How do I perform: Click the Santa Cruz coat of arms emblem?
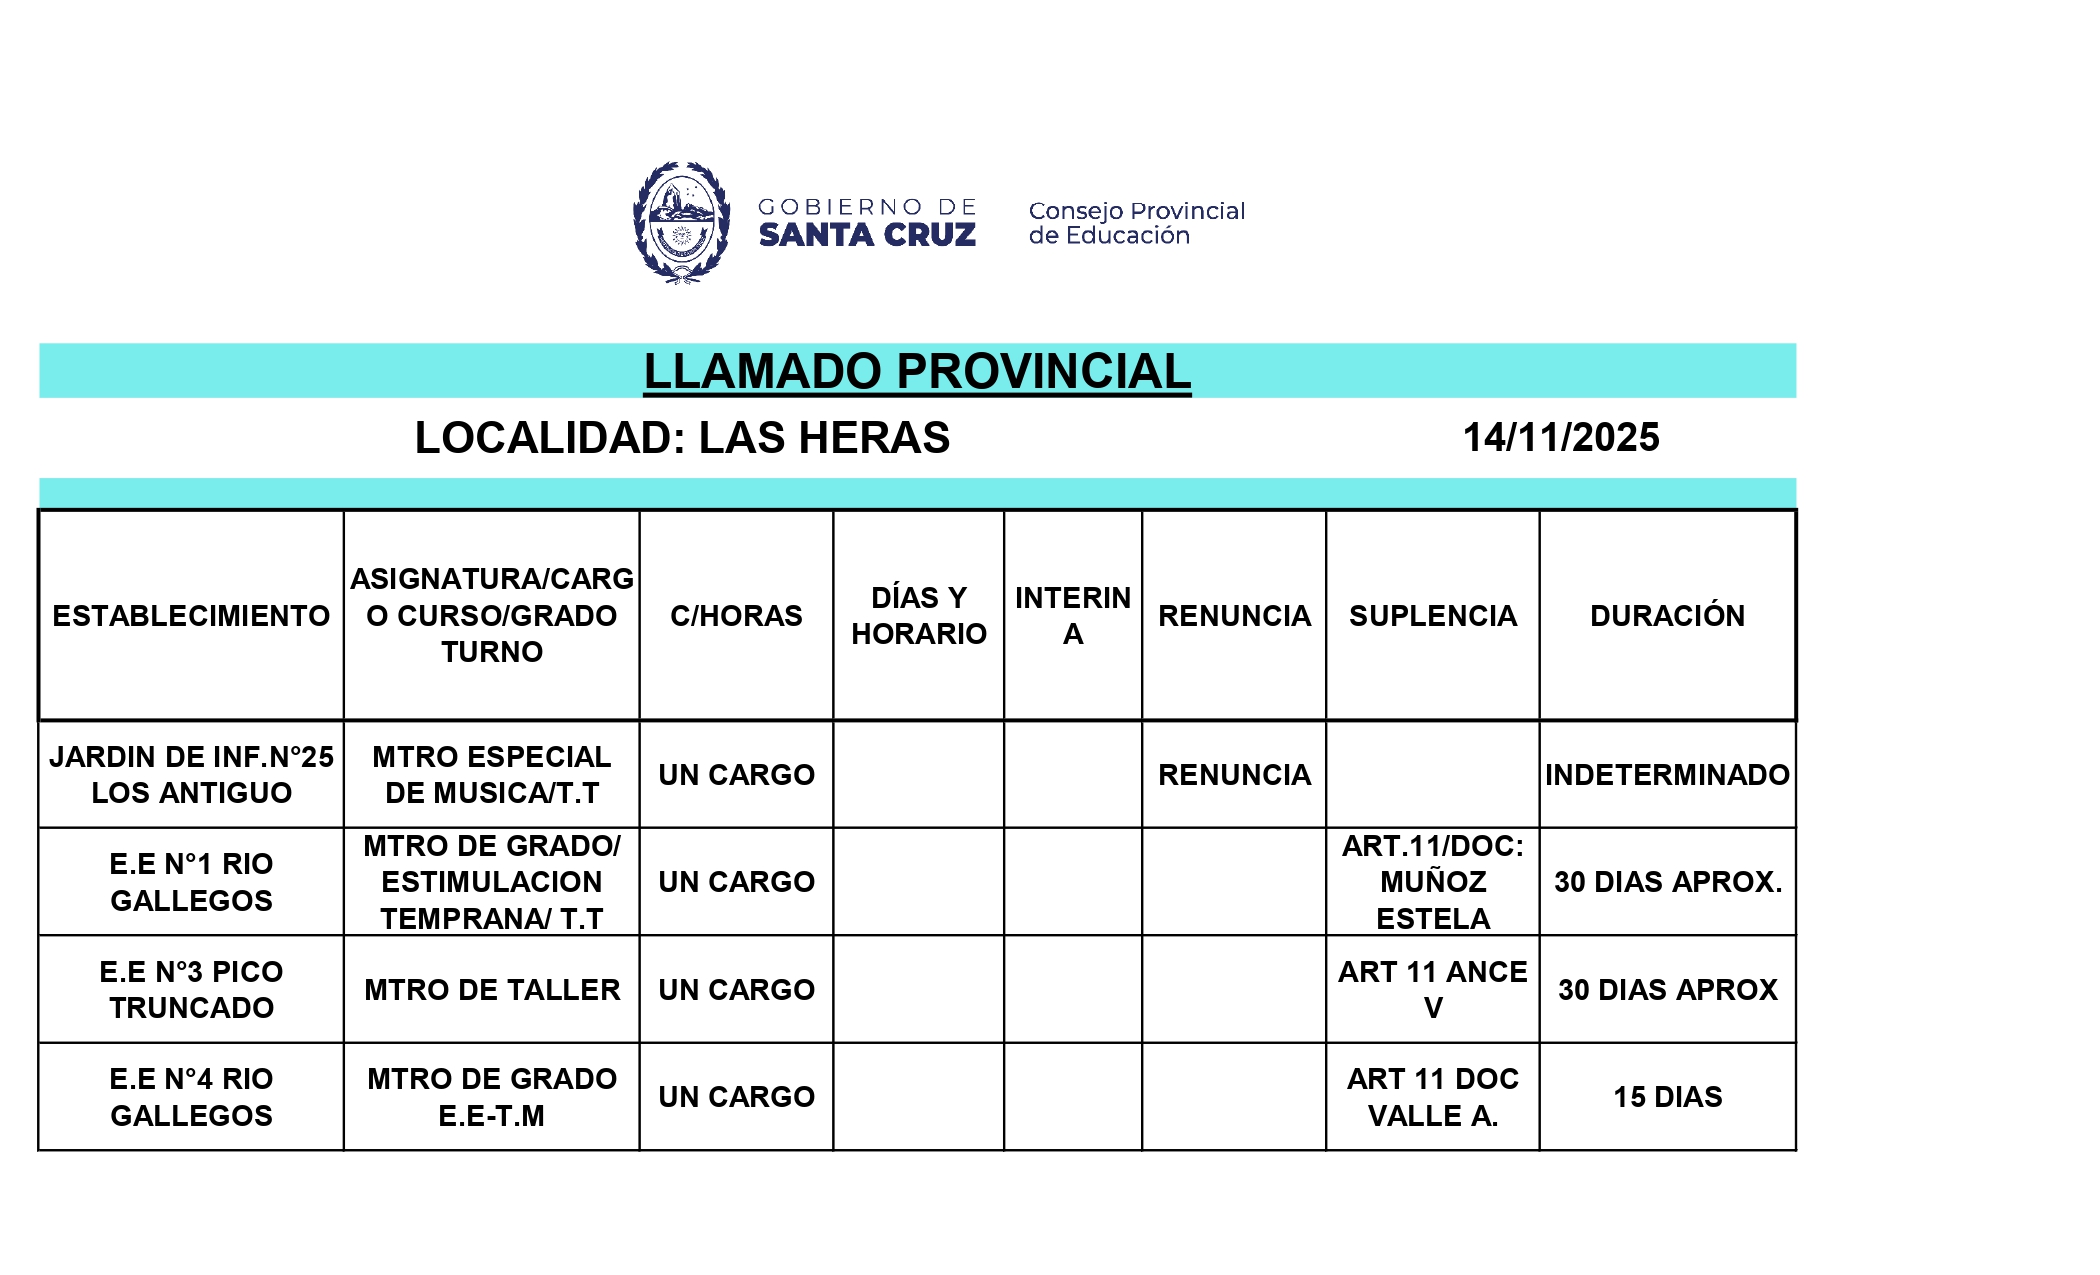[681, 222]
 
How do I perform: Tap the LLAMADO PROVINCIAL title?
[917, 371]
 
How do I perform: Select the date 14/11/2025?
[1560, 438]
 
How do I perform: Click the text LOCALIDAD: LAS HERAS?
[682, 438]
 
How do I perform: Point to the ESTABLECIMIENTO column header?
[191, 616]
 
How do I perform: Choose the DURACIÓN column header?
[1667, 616]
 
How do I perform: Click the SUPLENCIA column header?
[1432, 616]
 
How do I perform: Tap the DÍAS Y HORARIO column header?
[918, 616]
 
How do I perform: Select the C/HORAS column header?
[736, 616]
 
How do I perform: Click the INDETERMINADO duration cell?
[1667, 775]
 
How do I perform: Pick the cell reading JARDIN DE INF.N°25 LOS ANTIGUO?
[191, 775]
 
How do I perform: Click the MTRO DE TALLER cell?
[492, 990]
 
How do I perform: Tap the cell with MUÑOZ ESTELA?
[1432, 882]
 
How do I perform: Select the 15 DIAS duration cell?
[1667, 1097]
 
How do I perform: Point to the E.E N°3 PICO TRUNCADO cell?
[191, 990]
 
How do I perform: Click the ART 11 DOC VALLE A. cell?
[1432, 1097]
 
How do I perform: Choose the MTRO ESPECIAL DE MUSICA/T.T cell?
[492, 775]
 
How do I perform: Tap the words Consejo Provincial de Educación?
[1136, 223]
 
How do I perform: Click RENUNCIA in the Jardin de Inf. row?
[1234, 775]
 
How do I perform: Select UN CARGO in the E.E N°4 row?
[736, 1097]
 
